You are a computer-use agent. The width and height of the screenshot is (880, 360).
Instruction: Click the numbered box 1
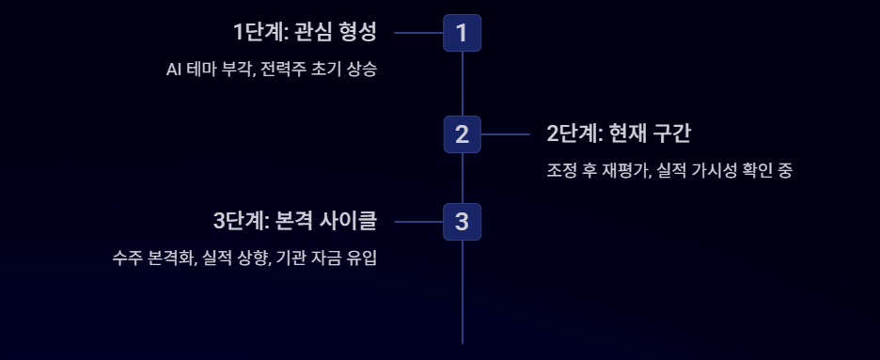pyautogui.click(x=462, y=33)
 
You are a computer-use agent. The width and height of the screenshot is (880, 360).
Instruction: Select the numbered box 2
pyautogui.click(x=462, y=134)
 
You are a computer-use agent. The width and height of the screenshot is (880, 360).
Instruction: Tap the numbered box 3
pyautogui.click(x=462, y=222)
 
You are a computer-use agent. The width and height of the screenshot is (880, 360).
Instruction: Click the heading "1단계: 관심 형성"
pyautogui.click(x=305, y=33)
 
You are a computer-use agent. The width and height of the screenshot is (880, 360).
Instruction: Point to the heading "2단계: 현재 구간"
pyautogui.click(x=619, y=134)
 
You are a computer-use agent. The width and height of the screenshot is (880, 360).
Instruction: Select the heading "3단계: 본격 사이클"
pyautogui.click(x=295, y=222)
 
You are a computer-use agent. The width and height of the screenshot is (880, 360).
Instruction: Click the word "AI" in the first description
pyautogui.click(x=172, y=70)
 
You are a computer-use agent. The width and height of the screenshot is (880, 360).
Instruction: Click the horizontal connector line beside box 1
pyautogui.click(x=419, y=33)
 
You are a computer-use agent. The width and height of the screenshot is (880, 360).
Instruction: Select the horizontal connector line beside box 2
pyautogui.click(x=505, y=134)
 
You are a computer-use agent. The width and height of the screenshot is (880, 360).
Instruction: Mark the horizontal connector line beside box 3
pyautogui.click(x=419, y=222)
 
